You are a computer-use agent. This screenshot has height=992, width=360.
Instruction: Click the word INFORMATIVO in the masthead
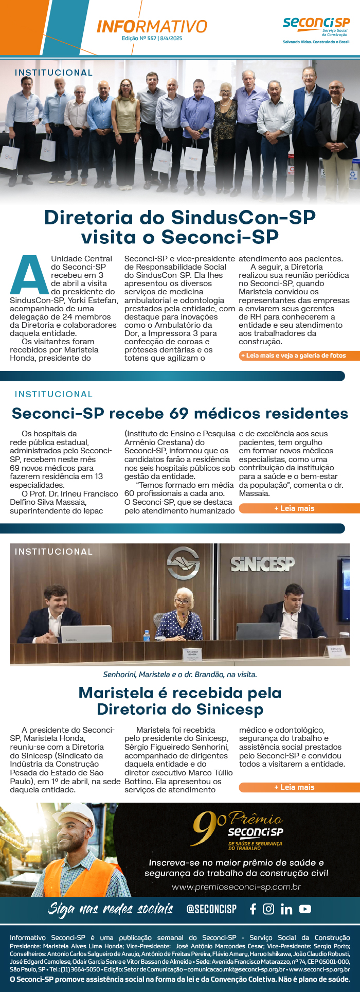(152, 27)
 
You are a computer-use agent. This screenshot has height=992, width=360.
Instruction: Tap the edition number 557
(152, 39)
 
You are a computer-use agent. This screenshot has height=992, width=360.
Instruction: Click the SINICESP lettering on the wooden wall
(262, 564)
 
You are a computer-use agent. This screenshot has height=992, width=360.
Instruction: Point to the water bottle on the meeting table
(147, 635)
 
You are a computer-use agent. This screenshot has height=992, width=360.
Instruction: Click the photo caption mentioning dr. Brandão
(180, 674)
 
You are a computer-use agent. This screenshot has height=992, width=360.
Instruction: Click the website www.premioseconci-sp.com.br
(236, 887)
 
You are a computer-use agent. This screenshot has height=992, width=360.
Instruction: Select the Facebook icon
(253, 909)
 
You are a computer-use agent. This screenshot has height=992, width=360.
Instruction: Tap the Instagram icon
(268, 909)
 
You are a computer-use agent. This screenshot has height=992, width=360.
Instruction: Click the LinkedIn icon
(286, 909)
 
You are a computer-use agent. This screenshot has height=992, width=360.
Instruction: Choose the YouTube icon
(305, 909)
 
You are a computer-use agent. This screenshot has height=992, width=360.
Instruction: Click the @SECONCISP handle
(211, 909)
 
